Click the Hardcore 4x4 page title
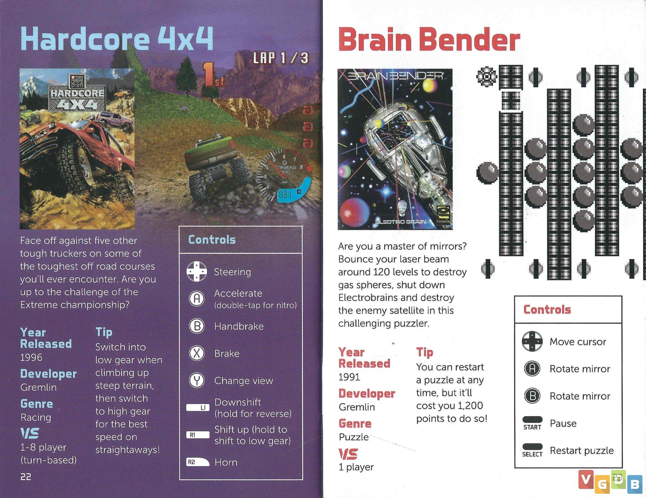click(117, 39)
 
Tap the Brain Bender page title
click(429, 40)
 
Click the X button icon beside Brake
click(197, 353)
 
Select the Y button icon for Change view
click(197, 380)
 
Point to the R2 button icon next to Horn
click(198, 462)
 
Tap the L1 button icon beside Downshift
click(198, 408)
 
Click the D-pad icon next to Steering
click(197, 271)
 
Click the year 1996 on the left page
click(31, 357)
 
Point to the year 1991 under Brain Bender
click(349, 377)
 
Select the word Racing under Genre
click(36, 418)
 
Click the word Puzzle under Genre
click(354, 437)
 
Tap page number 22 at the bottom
click(26, 477)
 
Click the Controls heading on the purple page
click(212, 240)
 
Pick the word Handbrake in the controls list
click(239, 326)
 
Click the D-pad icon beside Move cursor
click(532, 341)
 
